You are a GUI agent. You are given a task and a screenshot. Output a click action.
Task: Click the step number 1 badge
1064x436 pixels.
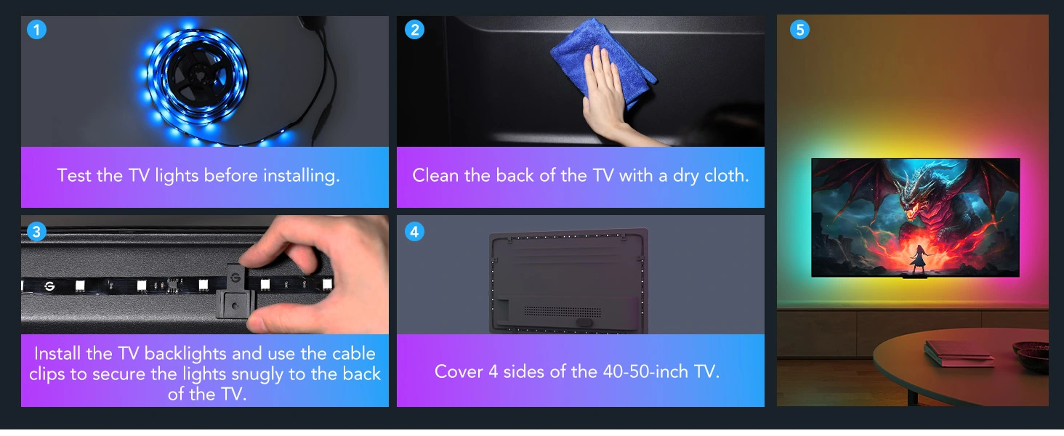tap(36, 30)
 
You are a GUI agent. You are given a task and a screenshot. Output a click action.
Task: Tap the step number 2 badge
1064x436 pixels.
tap(414, 30)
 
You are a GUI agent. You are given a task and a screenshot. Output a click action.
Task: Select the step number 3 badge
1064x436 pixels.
tap(36, 232)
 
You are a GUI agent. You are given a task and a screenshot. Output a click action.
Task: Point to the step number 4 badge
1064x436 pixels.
tap(414, 232)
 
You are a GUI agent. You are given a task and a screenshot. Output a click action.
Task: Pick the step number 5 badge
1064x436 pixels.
tap(799, 30)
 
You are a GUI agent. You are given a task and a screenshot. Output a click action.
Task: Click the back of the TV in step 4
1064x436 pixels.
tap(568, 280)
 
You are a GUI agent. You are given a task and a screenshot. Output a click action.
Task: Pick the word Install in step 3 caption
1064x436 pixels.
tap(57, 354)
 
